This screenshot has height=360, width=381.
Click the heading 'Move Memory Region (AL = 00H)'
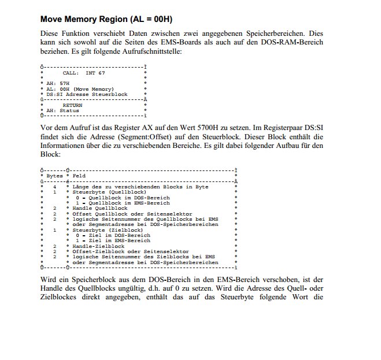106,20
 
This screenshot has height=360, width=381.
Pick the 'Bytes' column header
55,176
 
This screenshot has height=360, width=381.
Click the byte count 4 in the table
54,187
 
